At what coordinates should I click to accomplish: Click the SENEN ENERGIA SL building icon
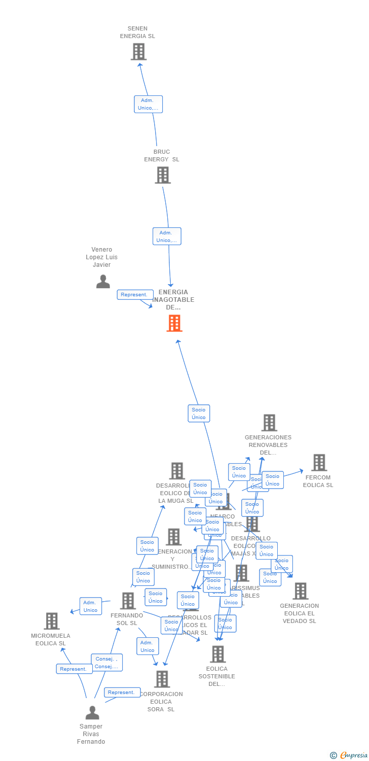pos(138,52)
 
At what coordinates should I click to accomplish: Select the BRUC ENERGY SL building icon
pos(162,175)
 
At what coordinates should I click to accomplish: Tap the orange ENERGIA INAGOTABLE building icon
pos(174,323)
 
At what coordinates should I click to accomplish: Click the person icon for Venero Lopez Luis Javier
pos(103,281)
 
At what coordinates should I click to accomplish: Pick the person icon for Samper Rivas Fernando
pos(92,713)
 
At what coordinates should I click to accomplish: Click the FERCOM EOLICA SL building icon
pos(319,463)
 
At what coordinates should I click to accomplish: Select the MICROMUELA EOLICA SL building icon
pos(51,621)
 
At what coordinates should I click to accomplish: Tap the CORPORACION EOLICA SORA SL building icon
pos(162,679)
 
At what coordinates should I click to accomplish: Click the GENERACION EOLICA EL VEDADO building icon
pos(300,591)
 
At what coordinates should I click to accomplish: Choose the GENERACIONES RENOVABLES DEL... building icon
pos(269,423)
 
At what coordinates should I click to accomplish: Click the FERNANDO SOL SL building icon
pos(128,601)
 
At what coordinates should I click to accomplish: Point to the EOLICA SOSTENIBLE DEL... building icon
pos(217,654)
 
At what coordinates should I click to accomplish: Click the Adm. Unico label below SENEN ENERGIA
pos(148,104)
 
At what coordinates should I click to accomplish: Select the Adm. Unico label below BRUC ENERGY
pos(167,236)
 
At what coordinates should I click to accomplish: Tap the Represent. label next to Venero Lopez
pos(135,295)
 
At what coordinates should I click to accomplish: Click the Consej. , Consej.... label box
pos(106,663)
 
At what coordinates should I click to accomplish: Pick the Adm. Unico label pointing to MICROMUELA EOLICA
pos(91,606)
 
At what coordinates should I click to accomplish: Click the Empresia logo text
pos(353,755)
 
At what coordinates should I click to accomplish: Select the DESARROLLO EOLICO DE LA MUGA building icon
pos(176,471)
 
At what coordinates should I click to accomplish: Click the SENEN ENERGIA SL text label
pos(137,32)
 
